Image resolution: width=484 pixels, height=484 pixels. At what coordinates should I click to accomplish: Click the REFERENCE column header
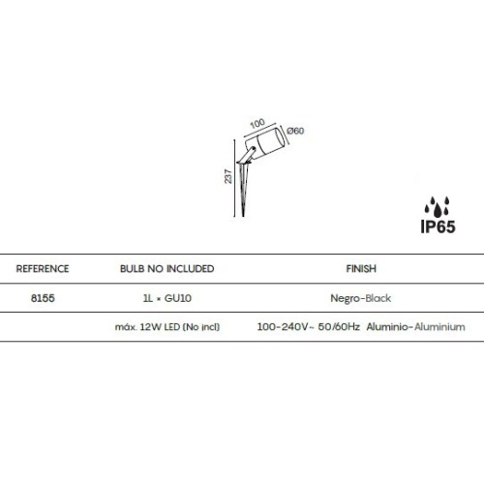coord(43,269)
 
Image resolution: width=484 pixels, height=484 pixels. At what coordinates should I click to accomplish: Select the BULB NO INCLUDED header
coord(167,269)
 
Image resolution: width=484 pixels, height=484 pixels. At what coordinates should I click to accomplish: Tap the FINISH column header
coord(361,269)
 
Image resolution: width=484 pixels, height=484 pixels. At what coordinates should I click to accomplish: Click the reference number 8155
coord(43,298)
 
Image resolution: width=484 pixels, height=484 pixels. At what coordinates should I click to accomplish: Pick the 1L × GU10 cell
coord(167,298)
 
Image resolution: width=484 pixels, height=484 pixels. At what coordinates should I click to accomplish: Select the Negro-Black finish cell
coord(361,298)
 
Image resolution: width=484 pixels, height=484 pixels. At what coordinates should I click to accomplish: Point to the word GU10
coord(178,298)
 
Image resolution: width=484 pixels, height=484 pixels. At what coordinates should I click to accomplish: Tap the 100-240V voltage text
coord(283,327)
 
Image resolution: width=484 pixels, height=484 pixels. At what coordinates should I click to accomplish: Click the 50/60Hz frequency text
coord(339,327)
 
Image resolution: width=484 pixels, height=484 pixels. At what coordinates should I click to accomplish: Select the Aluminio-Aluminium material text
coord(415,327)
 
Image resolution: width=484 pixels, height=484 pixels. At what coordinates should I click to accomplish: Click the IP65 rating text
coord(438,227)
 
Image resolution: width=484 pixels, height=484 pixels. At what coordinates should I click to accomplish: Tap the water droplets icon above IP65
coord(438,206)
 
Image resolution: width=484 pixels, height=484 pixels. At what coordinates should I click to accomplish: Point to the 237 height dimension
coord(228,176)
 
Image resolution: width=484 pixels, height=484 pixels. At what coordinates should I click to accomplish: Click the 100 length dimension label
coord(257,123)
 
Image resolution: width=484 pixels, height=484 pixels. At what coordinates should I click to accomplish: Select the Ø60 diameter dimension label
coord(295,131)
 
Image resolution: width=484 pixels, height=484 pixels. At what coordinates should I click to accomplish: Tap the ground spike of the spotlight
coord(244,191)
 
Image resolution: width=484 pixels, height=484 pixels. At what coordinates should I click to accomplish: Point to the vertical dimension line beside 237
coord(234,178)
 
